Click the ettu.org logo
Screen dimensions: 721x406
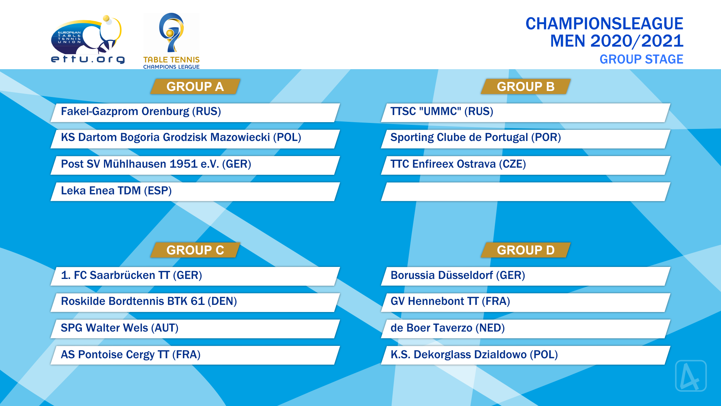(87, 39)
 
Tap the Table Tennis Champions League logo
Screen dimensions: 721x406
(171, 41)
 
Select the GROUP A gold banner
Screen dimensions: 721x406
(195, 86)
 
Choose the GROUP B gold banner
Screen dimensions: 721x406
(526, 86)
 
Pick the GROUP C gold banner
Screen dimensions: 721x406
(195, 250)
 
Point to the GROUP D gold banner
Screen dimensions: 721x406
(526, 250)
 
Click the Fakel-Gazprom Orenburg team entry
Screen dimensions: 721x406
(195, 112)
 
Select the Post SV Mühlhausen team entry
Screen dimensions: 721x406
(195, 165)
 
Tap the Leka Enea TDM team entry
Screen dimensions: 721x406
(195, 192)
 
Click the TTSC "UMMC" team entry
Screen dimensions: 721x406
(526, 112)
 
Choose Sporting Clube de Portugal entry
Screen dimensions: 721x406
(526, 139)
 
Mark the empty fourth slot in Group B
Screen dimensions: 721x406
(526, 192)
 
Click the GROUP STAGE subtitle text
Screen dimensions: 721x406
(641, 59)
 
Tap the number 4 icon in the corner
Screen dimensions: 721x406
(691, 376)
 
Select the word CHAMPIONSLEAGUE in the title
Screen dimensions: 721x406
(604, 24)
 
